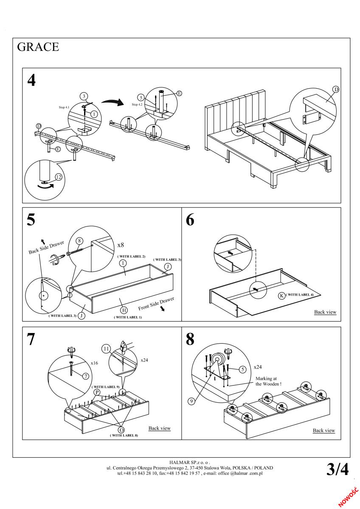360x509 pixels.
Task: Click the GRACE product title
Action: tap(38, 47)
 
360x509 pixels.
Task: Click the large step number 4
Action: tap(32, 80)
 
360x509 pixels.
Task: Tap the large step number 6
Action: tap(190, 221)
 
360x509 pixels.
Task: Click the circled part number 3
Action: tap(84, 96)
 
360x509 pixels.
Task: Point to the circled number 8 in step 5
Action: tap(79, 241)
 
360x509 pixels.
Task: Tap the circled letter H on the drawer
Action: tap(124, 310)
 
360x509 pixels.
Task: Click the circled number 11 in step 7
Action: tap(105, 348)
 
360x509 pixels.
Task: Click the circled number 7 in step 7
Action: tap(85, 376)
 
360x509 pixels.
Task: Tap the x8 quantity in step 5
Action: tap(121, 245)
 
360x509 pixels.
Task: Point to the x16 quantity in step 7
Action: tap(95, 364)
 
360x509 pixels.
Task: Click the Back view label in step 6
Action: tap(325, 312)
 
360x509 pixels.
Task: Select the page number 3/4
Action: tap(337, 469)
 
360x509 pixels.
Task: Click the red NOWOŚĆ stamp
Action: tap(349, 495)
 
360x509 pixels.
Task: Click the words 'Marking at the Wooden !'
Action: tap(268, 381)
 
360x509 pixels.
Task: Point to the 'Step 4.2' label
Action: tap(138, 104)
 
